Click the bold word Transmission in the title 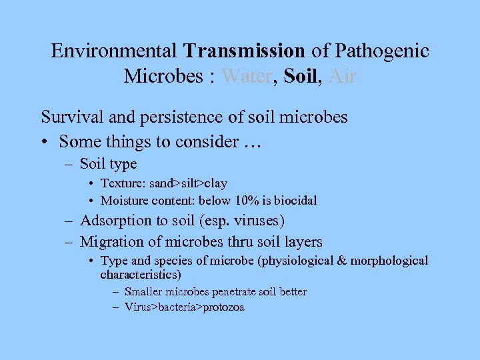(245, 51)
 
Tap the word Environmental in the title (114, 51)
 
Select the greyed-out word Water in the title (246, 77)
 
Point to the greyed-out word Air (342, 77)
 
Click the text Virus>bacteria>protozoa (185, 307)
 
